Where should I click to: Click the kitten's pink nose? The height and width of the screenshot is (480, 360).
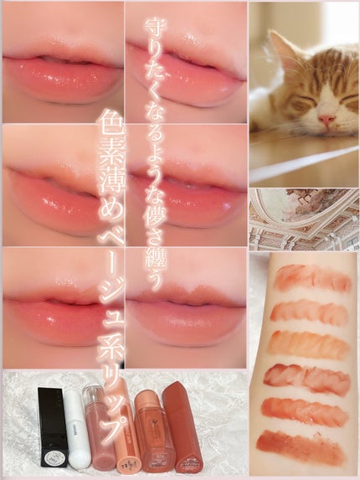[x=326, y=120]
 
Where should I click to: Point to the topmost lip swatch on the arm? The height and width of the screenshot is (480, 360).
[x=312, y=278]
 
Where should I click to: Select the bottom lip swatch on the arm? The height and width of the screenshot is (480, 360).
[x=299, y=444]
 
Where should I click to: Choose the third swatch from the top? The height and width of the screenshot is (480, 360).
[x=309, y=343]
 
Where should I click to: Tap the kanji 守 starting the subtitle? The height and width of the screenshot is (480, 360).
[x=156, y=28]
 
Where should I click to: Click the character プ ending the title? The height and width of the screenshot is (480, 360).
[x=111, y=426]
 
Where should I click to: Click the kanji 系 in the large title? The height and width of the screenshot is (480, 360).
[x=111, y=362]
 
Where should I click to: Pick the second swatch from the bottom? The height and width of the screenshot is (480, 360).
[x=306, y=410]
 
